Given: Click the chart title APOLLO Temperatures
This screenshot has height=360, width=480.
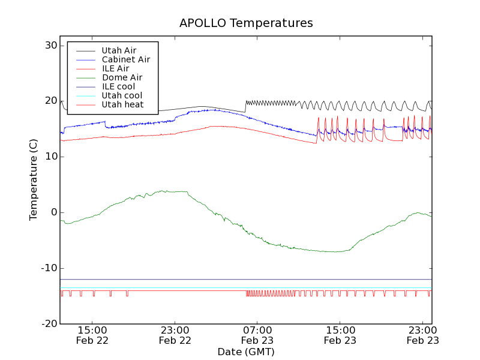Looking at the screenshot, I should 246,23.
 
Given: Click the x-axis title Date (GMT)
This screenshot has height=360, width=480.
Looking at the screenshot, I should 246,352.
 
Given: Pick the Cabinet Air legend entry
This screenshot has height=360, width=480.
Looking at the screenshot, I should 125,59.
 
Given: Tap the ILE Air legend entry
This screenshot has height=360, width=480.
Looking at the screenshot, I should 115,68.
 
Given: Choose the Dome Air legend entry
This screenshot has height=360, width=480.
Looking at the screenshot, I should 122,77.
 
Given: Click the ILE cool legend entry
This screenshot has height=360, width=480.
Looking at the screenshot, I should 118,86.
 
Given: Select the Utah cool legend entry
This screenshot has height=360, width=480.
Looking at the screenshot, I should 122,95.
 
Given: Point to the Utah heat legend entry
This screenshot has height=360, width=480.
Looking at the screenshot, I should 122,104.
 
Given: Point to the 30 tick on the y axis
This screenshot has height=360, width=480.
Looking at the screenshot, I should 50,46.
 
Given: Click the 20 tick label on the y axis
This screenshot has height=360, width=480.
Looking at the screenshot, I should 50,101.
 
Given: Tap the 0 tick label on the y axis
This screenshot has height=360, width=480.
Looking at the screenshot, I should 54,212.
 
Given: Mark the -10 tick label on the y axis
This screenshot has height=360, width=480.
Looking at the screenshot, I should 49,268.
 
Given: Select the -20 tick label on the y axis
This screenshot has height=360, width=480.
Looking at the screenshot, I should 49,324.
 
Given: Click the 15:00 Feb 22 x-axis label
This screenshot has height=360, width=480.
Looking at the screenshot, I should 92,335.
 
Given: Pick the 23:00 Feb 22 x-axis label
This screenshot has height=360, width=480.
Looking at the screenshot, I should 175,335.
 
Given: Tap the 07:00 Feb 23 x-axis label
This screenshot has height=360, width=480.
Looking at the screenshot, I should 257,335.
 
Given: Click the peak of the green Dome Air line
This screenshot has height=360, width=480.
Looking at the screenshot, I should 163,191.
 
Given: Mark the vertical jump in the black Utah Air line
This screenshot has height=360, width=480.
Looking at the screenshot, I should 245,106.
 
